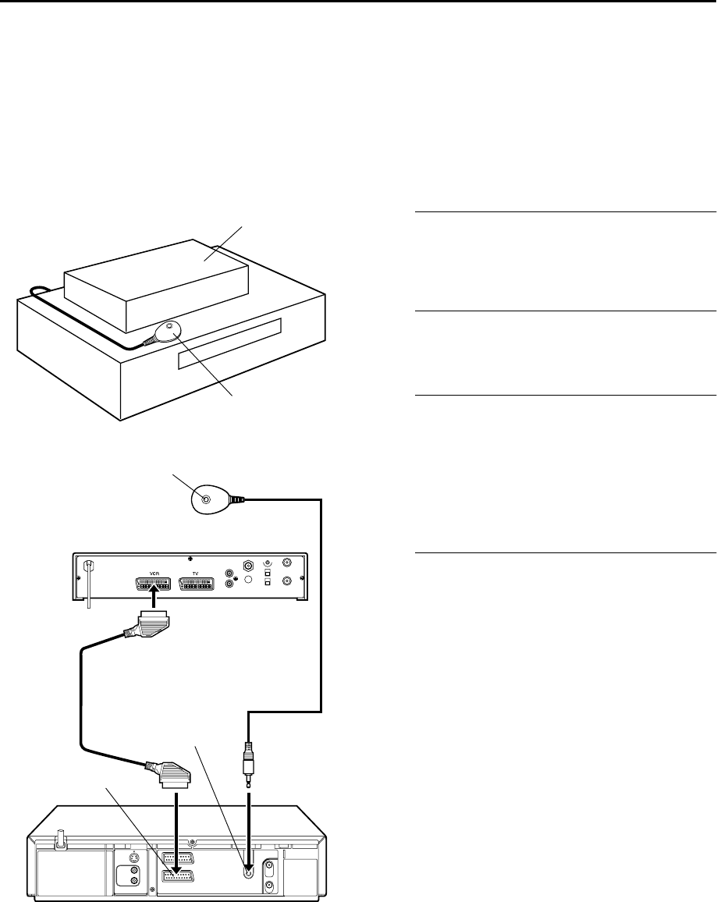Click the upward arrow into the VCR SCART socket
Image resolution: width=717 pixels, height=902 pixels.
[x=154, y=598]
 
